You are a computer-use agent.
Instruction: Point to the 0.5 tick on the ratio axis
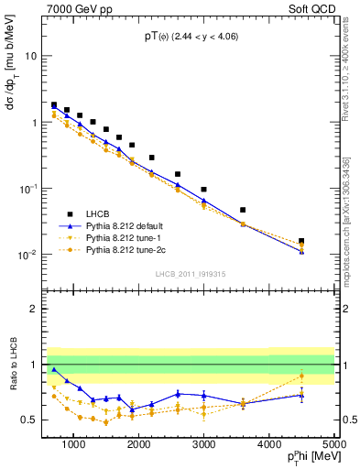[x=36, y=420]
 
